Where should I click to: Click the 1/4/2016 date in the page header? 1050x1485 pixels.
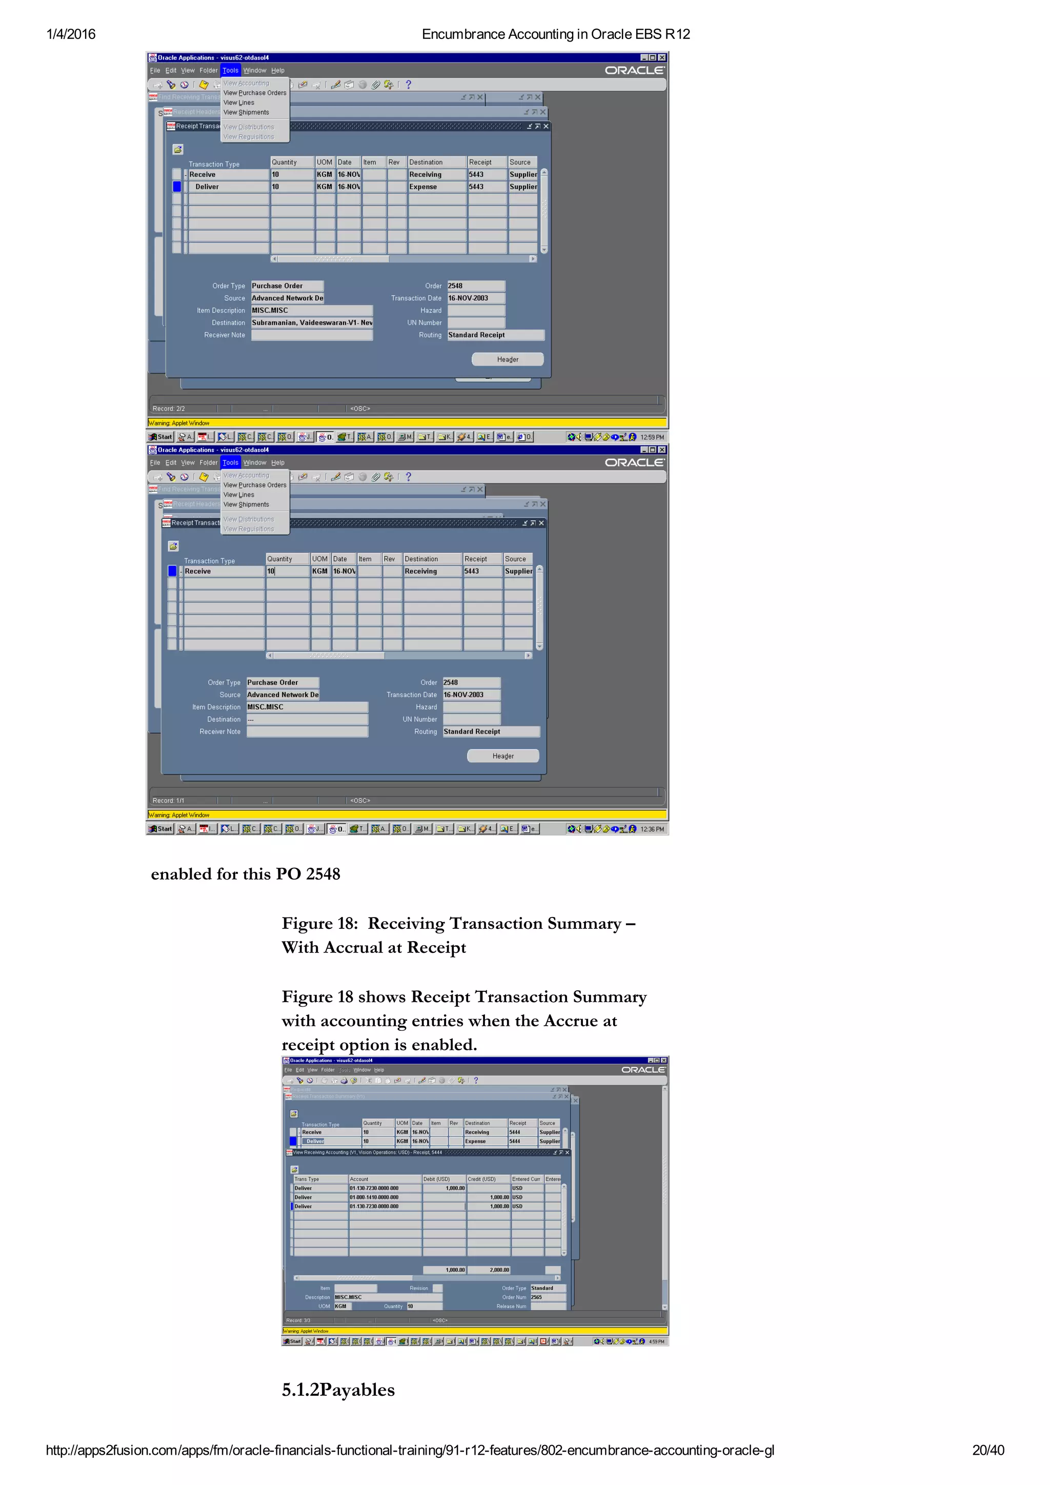click(71, 34)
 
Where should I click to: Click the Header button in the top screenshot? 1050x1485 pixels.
click(507, 359)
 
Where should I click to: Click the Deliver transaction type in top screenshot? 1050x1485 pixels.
click(208, 187)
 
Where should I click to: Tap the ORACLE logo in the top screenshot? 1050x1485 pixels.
click(634, 71)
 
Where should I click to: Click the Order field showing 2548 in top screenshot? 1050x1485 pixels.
click(475, 286)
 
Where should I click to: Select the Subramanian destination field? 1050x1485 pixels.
click(311, 323)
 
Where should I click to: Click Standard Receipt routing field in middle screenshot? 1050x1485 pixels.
click(490, 731)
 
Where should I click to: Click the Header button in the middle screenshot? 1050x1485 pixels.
click(502, 756)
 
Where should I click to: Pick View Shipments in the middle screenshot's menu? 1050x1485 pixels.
click(246, 504)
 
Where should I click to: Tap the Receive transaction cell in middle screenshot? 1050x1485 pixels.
click(223, 571)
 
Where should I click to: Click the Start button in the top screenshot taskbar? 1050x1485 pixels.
click(161, 437)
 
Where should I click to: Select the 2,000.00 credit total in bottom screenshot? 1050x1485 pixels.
click(489, 1270)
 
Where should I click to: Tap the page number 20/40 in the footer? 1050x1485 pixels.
click(987, 1450)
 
